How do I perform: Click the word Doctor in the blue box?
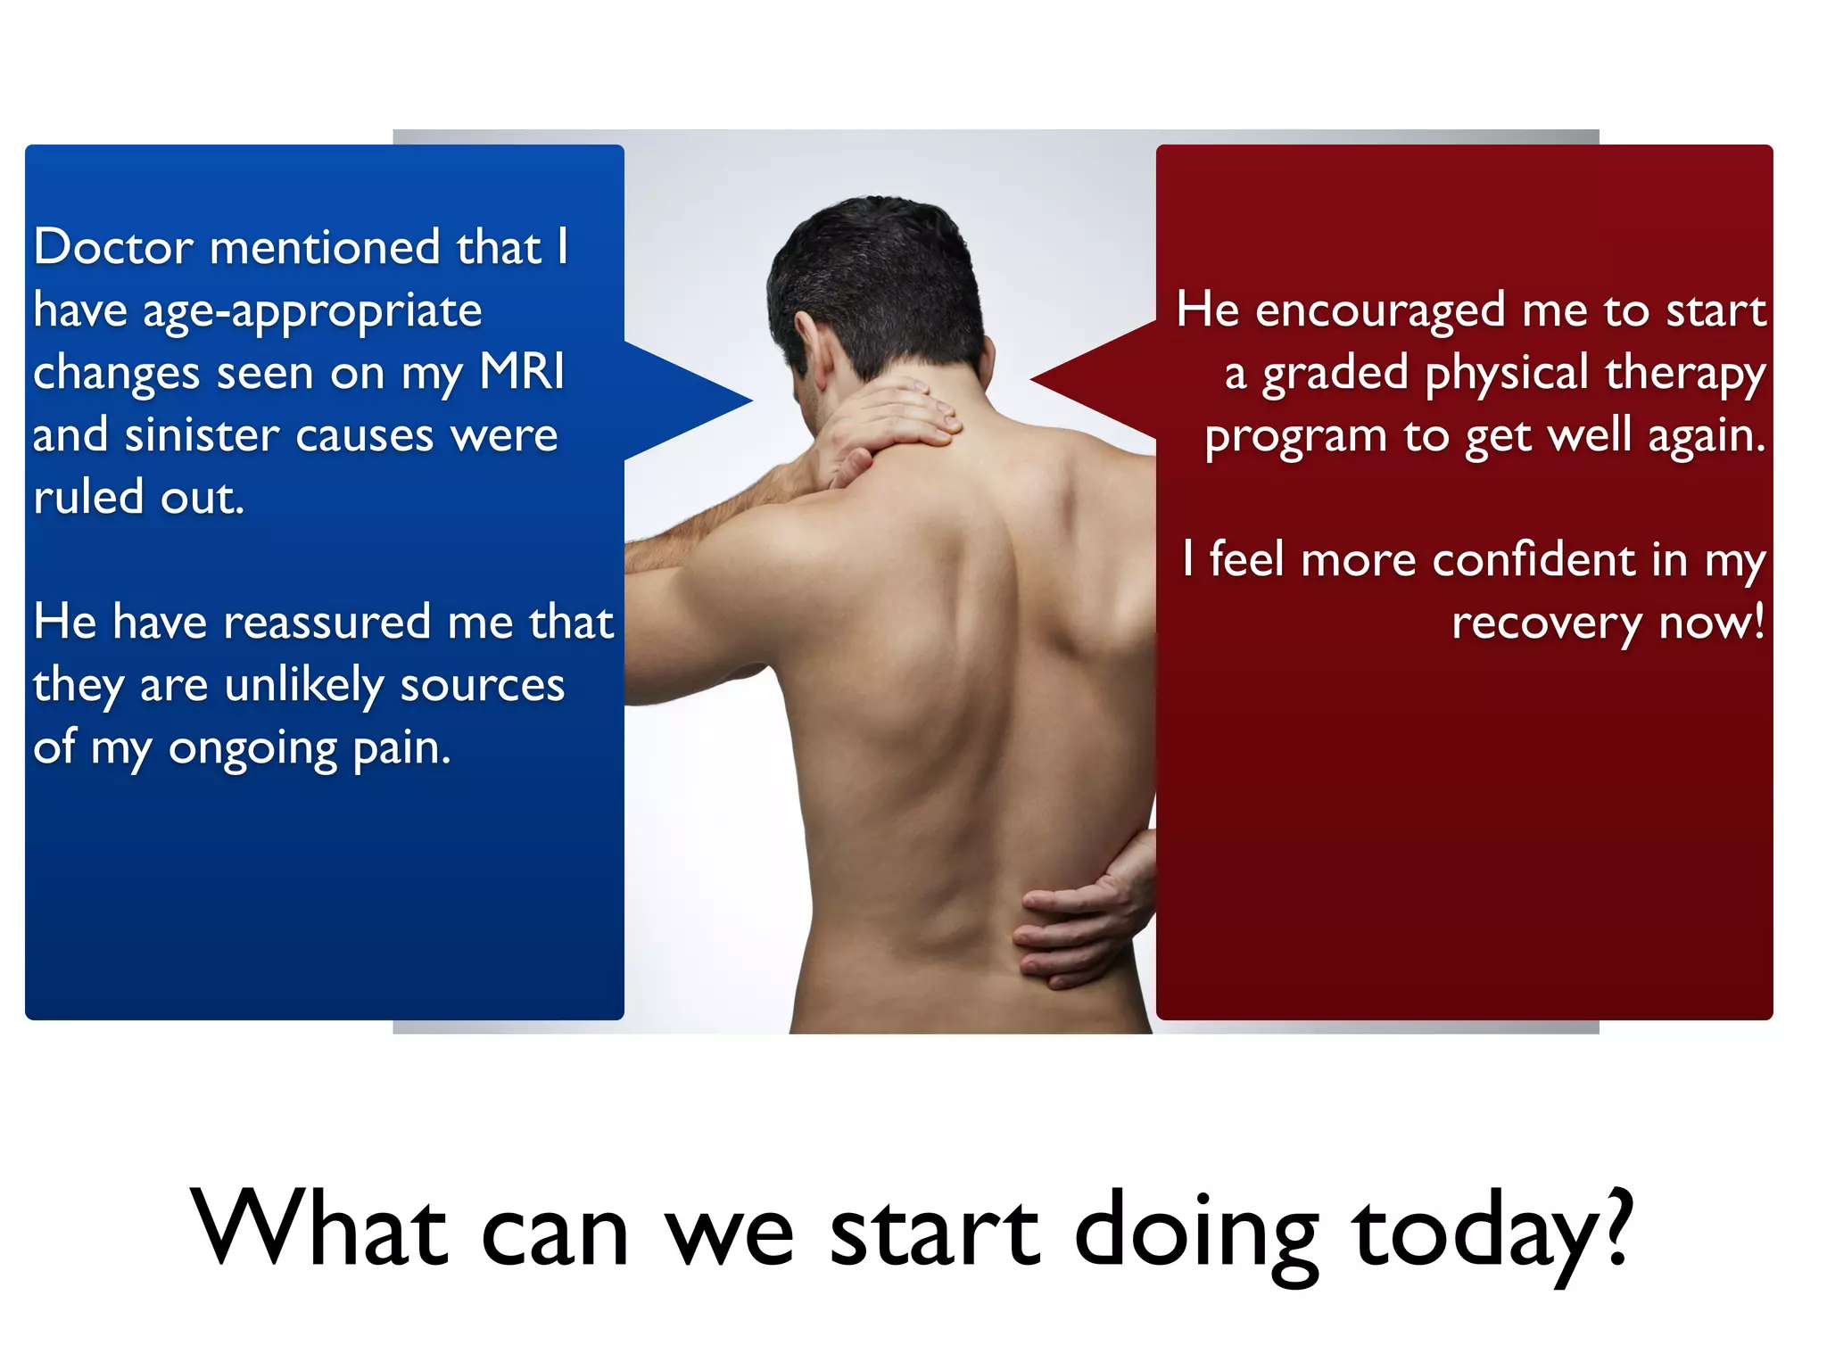tap(113, 247)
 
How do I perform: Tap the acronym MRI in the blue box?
tap(522, 372)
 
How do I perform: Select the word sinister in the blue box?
tap(203, 435)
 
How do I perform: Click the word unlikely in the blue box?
tap(304, 685)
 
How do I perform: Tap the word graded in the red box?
tap(1335, 374)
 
